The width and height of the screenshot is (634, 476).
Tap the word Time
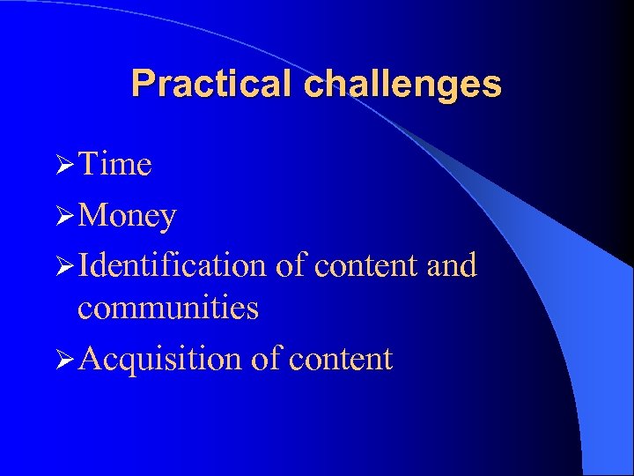point(114,165)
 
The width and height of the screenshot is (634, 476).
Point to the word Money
point(127,216)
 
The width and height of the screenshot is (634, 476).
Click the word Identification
point(172,264)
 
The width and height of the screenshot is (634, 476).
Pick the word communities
point(167,309)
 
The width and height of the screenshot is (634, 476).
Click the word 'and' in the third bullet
point(451,264)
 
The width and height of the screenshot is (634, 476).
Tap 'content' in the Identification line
point(367,264)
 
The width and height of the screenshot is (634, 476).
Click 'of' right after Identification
point(290,264)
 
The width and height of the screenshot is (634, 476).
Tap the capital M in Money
point(91,216)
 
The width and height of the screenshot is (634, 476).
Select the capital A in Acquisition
point(89,359)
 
